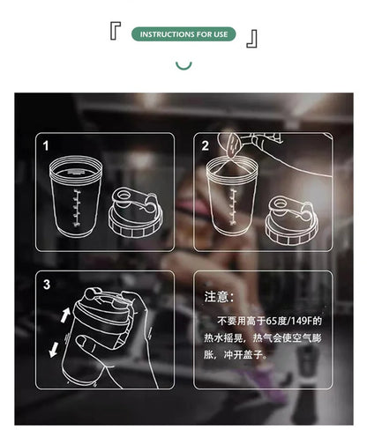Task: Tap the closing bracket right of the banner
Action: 252,37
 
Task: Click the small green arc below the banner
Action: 183,64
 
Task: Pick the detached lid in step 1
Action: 133,215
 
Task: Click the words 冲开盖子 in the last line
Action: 250,354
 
